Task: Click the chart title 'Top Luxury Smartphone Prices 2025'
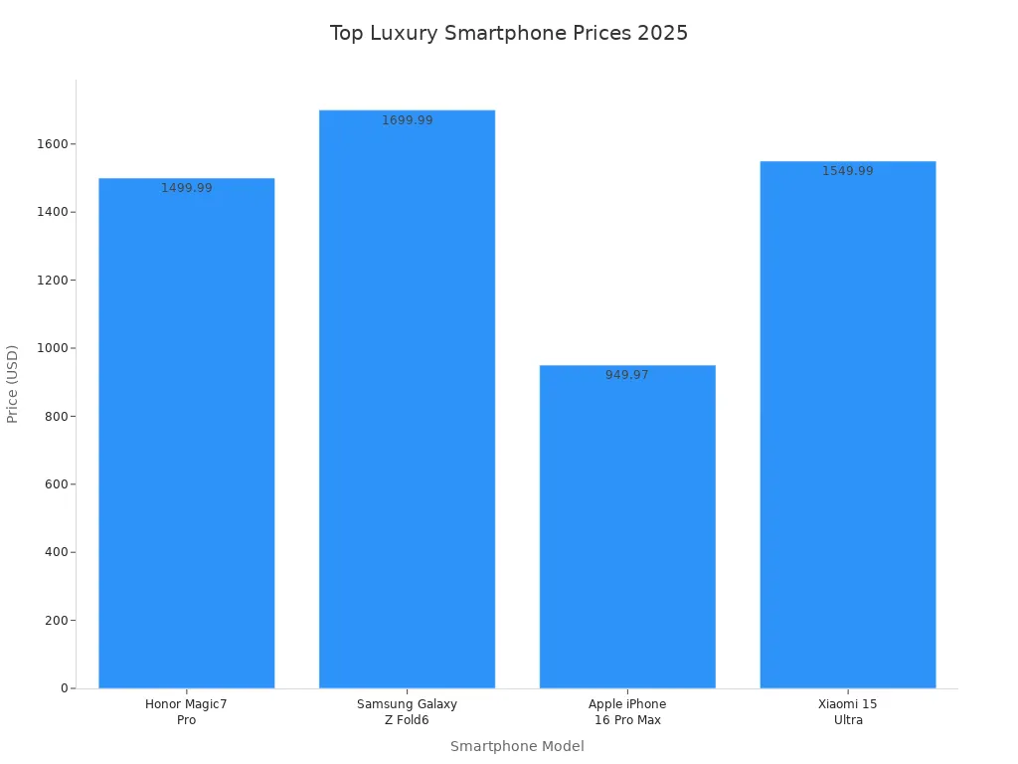point(508,33)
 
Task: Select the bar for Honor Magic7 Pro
point(187,438)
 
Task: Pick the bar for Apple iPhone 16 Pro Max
point(627,527)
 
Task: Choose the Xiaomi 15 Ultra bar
point(847,428)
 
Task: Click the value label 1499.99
point(187,188)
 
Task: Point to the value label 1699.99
point(408,120)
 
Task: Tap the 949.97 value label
point(627,375)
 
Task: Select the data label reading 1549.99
point(848,171)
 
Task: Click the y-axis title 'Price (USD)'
point(13,384)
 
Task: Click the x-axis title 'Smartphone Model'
point(517,746)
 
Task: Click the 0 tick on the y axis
point(64,688)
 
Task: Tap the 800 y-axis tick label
point(56,417)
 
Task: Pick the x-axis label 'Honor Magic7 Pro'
point(186,712)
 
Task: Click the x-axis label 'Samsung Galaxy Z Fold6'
point(407,712)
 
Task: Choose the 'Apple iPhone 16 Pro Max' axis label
point(627,712)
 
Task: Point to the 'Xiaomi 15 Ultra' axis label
point(848,712)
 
